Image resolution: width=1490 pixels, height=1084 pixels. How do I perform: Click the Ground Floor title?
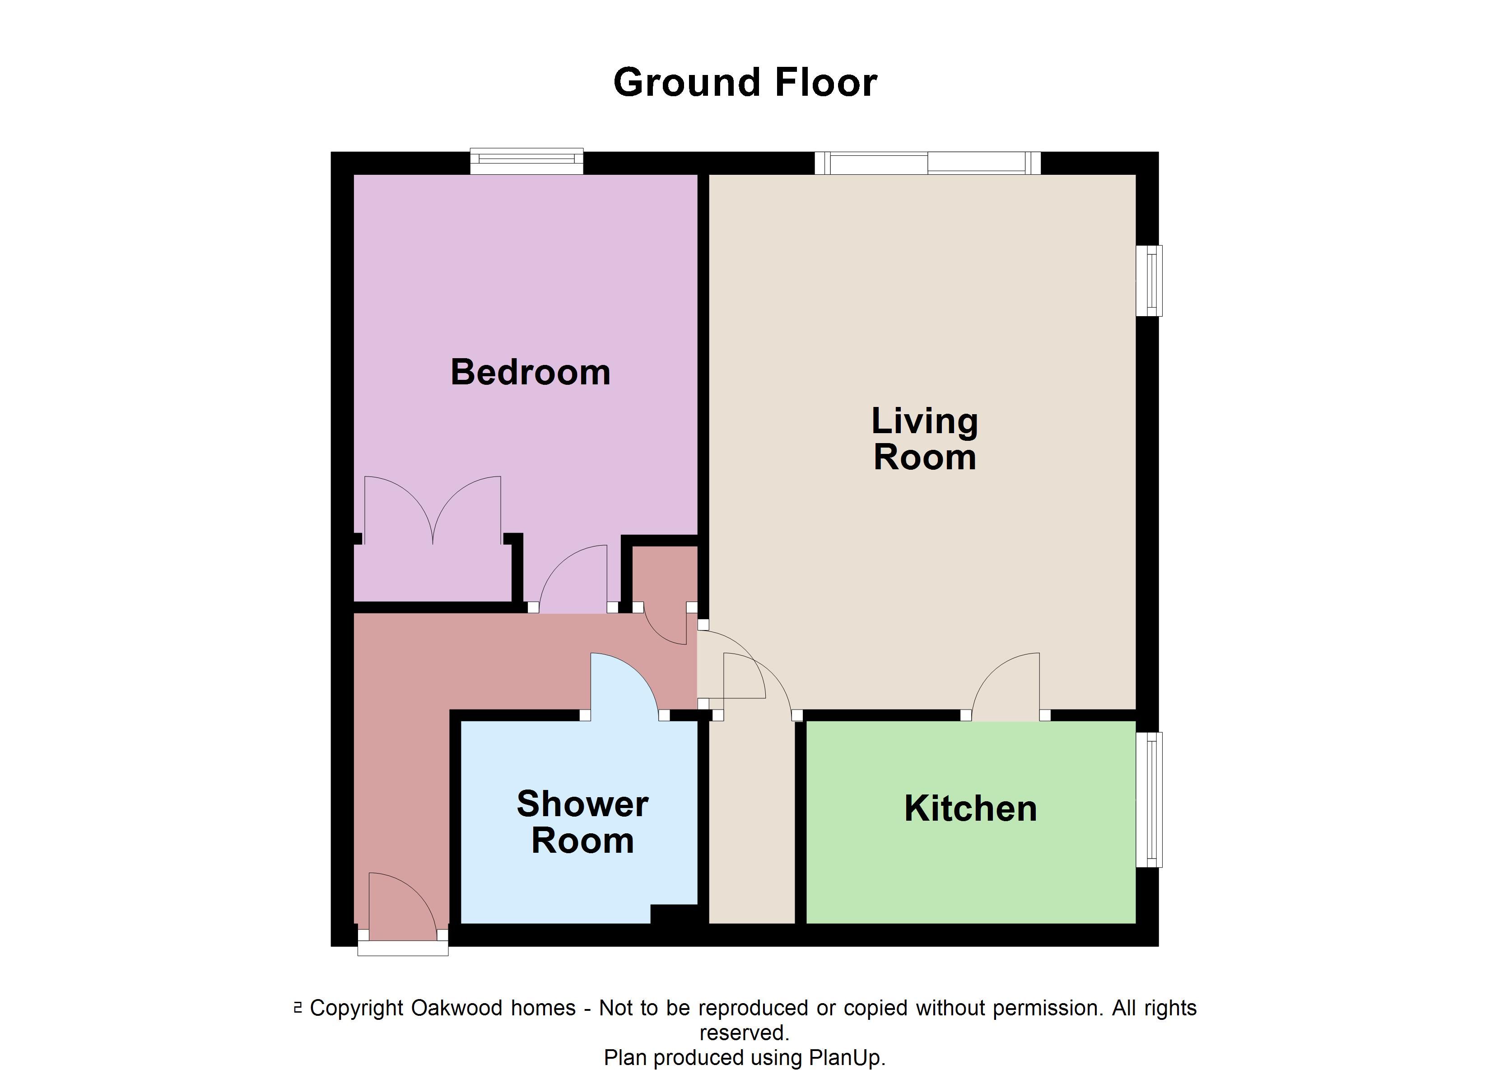click(x=745, y=83)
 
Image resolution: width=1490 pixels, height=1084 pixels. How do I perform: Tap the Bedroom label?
click(x=530, y=372)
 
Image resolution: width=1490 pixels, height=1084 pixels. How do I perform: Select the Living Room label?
click(x=924, y=439)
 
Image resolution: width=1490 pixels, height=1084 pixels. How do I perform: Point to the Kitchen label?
click(x=970, y=808)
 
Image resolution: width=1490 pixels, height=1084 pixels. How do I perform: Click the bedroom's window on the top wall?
click(x=526, y=162)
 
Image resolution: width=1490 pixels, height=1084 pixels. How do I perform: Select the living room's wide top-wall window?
click(x=927, y=162)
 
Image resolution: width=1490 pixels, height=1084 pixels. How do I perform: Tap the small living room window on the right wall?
click(x=1149, y=280)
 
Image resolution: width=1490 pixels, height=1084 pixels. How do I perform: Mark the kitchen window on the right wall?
click(x=1149, y=799)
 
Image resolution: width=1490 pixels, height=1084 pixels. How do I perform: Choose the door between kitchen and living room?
click(x=1005, y=686)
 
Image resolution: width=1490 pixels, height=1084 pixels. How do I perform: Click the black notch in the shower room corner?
click(x=674, y=914)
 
